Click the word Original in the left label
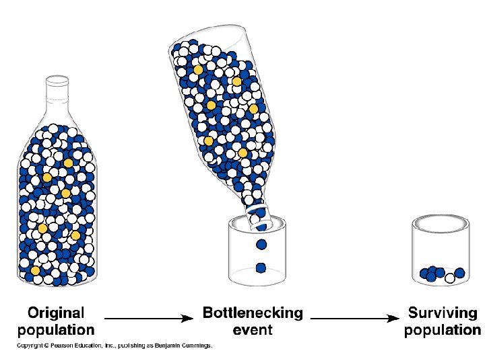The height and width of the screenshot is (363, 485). pyautogui.click(x=56, y=313)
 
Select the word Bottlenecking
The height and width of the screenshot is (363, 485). pyautogui.click(x=253, y=313)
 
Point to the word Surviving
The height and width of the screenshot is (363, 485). pyautogui.click(x=443, y=313)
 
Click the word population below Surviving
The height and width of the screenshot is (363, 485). pyautogui.click(x=443, y=329)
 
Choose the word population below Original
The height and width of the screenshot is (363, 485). pyautogui.click(x=56, y=329)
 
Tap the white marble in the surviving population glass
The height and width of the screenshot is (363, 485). pyautogui.click(x=450, y=278)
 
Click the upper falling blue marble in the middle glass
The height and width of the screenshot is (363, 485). pyautogui.click(x=261, y=245)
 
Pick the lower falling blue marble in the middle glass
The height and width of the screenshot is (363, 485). pyautogui.click(x=261, y=268)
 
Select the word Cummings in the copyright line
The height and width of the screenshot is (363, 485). pyautogui.click(x=195, y=346)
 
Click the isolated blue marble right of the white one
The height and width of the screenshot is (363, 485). pyautogui.click(x=460, y=273)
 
